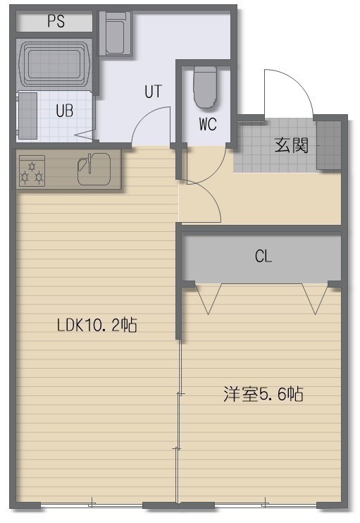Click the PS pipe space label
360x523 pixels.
[56, 21]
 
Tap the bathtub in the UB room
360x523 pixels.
[55, 63]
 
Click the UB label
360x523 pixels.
[65, 111]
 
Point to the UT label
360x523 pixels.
[154, 92]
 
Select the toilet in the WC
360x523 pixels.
[205, 87]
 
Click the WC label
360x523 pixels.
[208, 124]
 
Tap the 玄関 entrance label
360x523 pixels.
[292, 145]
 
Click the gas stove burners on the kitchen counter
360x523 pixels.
[32, 171]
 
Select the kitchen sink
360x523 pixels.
[94, 169]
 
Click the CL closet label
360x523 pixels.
[263, 257]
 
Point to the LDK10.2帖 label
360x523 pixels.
[97, 325]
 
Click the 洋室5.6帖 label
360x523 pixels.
[263, 394]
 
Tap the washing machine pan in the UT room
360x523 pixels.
[116, 33]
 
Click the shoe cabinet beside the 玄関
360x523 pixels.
[328, 145]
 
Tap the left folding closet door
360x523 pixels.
[209, 299]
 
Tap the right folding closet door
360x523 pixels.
[316, 299]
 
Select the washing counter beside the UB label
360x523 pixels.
[27, 116]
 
